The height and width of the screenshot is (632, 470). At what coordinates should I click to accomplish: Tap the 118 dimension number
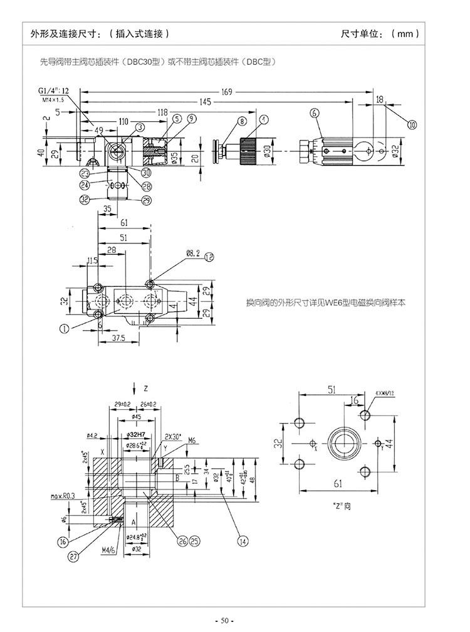pyautogui.click(x=162, y=112)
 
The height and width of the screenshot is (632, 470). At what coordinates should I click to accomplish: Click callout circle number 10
pyautogui.click(x=412, y=124)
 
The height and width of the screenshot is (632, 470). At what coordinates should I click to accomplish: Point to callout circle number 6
pyautogui.click(x=313, y=113)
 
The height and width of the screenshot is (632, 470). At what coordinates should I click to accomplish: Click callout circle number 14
pyautogui.click(x=242, y=538)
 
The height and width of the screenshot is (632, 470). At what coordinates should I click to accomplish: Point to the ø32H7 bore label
pyautogui.click(x=136, y=435)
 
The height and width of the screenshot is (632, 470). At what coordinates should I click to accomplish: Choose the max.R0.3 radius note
pyautogui.click(x=64, y=495)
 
